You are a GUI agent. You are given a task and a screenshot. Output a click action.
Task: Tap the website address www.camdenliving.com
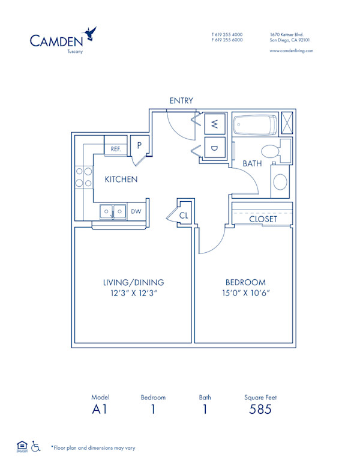click(x=291, y=51)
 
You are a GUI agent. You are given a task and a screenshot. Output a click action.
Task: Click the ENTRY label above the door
click(x=181, y=101)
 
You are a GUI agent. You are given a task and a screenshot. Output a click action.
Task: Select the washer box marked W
click(x=214, y=125)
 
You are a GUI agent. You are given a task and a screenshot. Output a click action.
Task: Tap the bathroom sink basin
click(x=280, y=181)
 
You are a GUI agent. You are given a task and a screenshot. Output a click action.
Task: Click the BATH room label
click(x=252, y=163)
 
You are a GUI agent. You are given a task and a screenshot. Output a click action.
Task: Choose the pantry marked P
click(x=139, y=145)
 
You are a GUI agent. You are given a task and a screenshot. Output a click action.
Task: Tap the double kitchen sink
click(x=113, y=211)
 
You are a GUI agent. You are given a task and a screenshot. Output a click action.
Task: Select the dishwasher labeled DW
click(x=136, y=211)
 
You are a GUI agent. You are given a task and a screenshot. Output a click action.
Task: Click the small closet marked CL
click(x=184, y=214)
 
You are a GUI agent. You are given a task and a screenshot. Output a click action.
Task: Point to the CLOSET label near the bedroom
click(x=263, y=219)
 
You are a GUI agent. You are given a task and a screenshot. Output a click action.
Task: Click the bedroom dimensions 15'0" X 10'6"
click(x=245, y=293)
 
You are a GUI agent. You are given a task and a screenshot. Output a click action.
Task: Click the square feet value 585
click(x=260, y=410)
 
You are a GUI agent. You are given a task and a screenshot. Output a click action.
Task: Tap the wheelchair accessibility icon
click(x=35, y=446)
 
